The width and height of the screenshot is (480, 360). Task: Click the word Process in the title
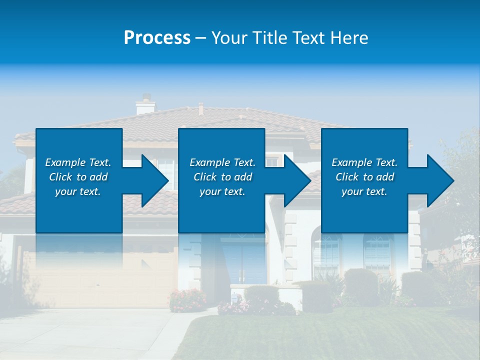tap(157, 38)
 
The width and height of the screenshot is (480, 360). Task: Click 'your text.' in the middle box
tap(222, 191)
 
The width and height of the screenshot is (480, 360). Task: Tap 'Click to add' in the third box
tap(365, 177)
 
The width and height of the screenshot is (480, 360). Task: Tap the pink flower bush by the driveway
tap(187, 300)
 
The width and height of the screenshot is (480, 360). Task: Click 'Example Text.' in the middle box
tap(222, 162)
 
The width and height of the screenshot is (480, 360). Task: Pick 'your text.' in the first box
tap(78, 191)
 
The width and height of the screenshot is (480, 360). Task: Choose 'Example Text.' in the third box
tap(364, 162)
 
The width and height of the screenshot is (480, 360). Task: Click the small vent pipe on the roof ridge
tap(201, 108)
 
